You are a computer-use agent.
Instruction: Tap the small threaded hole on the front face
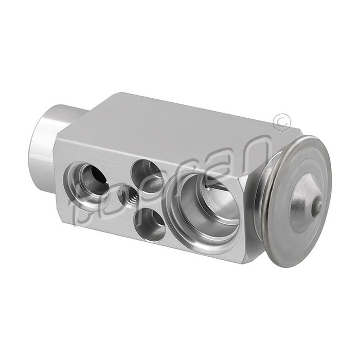(x=127, y=195)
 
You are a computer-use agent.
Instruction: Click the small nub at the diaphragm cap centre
(x=318, y=206)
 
